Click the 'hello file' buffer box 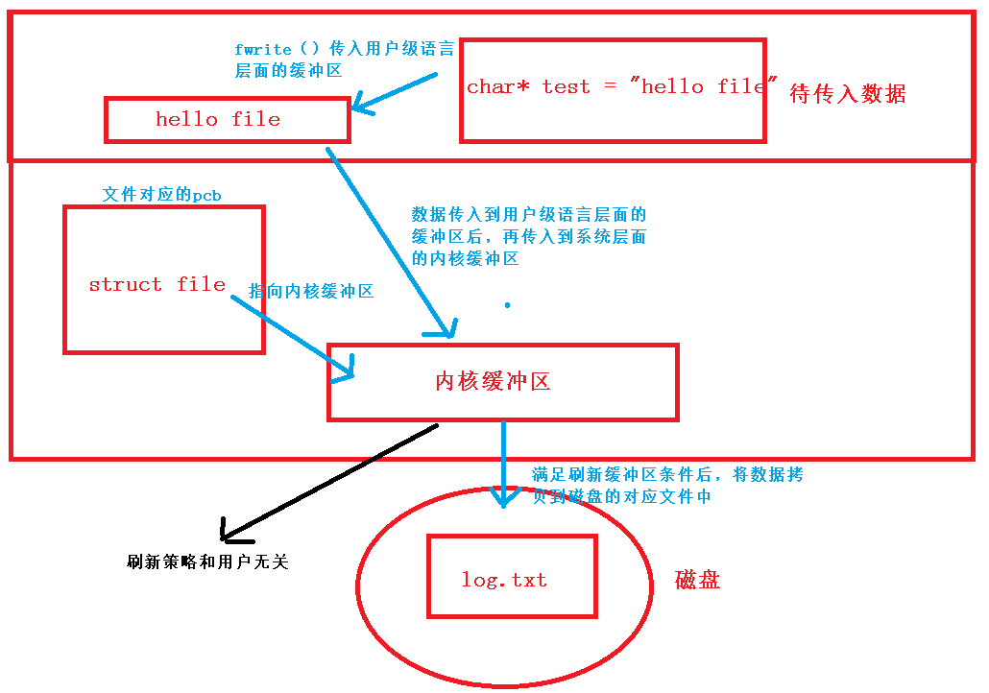227,120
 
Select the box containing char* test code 613,90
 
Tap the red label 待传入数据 847,93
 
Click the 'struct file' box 163,279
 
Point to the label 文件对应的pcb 162,195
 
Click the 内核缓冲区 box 502,382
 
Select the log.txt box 511,576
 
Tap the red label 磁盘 698,580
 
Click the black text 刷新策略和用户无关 207,562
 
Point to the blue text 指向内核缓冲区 311,291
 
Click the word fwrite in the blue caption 263,50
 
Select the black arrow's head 227,530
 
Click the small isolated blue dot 507,305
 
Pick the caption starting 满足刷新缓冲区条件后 667,486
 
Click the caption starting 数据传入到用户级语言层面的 529,236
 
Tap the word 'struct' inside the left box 125,284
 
